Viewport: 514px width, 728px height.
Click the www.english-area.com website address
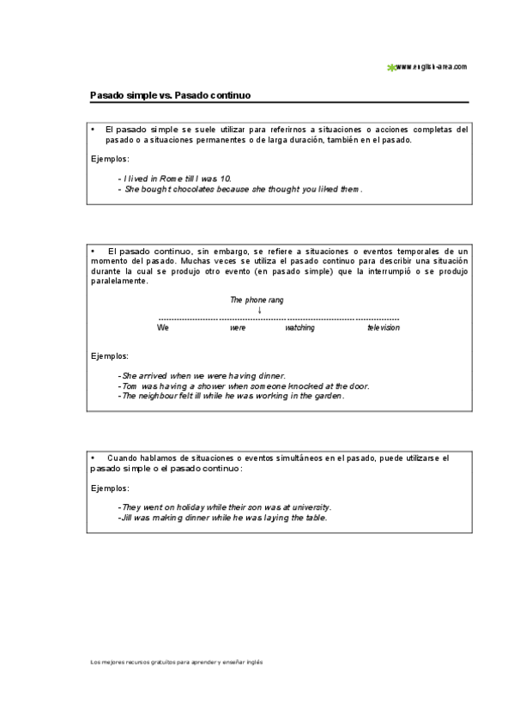(432, 66)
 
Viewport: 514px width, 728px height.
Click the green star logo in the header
(391, 66)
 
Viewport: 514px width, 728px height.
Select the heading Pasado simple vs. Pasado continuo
(169, 95)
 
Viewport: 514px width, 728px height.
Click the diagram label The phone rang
(257, 300)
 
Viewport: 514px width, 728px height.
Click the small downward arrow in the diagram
(260, 310)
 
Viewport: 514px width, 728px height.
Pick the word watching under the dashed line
(299, 328)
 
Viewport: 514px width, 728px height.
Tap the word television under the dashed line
(384, 328)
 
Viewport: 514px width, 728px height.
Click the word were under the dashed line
(238, 328)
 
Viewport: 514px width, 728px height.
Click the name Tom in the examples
(130, 386)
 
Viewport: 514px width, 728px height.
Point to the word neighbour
(158, 397)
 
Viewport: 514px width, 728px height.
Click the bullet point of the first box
(92, 129)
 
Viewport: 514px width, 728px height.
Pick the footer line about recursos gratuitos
(177, 663)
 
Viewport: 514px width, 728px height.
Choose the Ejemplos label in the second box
(111, 355)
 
